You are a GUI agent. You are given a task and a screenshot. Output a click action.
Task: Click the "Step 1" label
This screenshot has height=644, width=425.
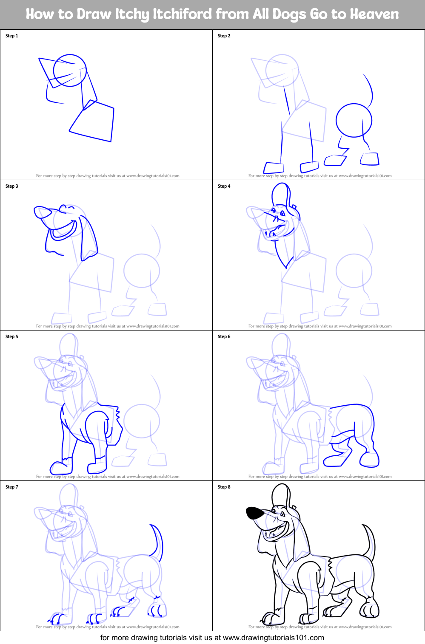pyautogui.click(x=11, y=36)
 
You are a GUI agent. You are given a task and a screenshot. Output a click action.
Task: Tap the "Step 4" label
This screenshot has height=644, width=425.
pyautogui.click(x=224, y=186)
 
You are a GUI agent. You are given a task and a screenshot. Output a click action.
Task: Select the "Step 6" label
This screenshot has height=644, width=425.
pyautogui.click(x=224, y=336)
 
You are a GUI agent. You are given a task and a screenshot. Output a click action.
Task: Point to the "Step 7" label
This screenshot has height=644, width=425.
pyautogui.click(x=11, y=487)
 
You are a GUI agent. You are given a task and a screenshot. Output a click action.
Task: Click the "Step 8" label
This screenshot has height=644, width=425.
pyautogui.click(x=224, y=487)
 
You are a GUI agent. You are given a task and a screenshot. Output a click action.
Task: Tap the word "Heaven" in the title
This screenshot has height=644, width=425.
pyautogui.click(x=374, y=14)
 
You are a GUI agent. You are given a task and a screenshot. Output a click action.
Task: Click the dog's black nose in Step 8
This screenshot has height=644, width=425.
pyautogui.click(x=255, y=513)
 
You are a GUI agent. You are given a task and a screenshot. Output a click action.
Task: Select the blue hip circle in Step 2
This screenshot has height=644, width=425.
pyautogui.click(x=354, y=120)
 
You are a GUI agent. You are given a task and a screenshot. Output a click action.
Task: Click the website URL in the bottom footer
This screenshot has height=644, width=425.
pyautogui.click(x=273, y=638)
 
